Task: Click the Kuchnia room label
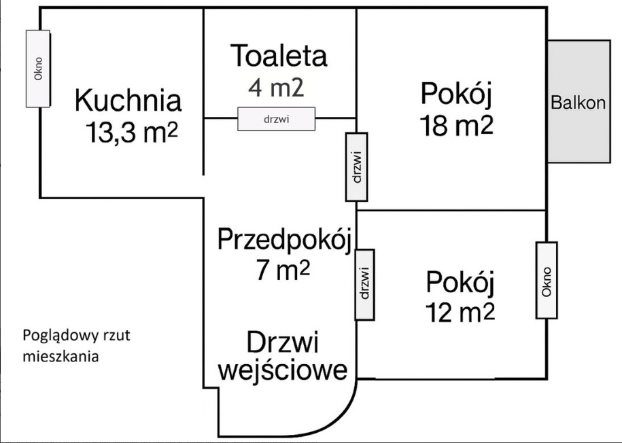(x=128, y=101)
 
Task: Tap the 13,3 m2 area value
(x=132, y=132)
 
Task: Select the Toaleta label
(x=279, y=56)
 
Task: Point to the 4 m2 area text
(x=276, y=87)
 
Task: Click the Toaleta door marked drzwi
(x=277, y=119)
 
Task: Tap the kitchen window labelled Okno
(x=38, y=69)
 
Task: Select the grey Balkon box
(x=578, y=101)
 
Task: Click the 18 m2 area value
(x=457, y=126)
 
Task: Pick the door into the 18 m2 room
(x=357, y=167)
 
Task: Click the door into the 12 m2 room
(x=364, y=285)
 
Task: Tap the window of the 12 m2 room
(x=547, y=281)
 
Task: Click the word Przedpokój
(x=285, y=240)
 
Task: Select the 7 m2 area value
(x=282, y=270)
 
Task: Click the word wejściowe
(x=283, y=370)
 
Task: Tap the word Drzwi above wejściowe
(x=282, y=342)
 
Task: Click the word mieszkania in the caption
(x=61, y=356)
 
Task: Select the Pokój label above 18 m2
(x=456, y=94)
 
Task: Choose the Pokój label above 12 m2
(x=460, y=283)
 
